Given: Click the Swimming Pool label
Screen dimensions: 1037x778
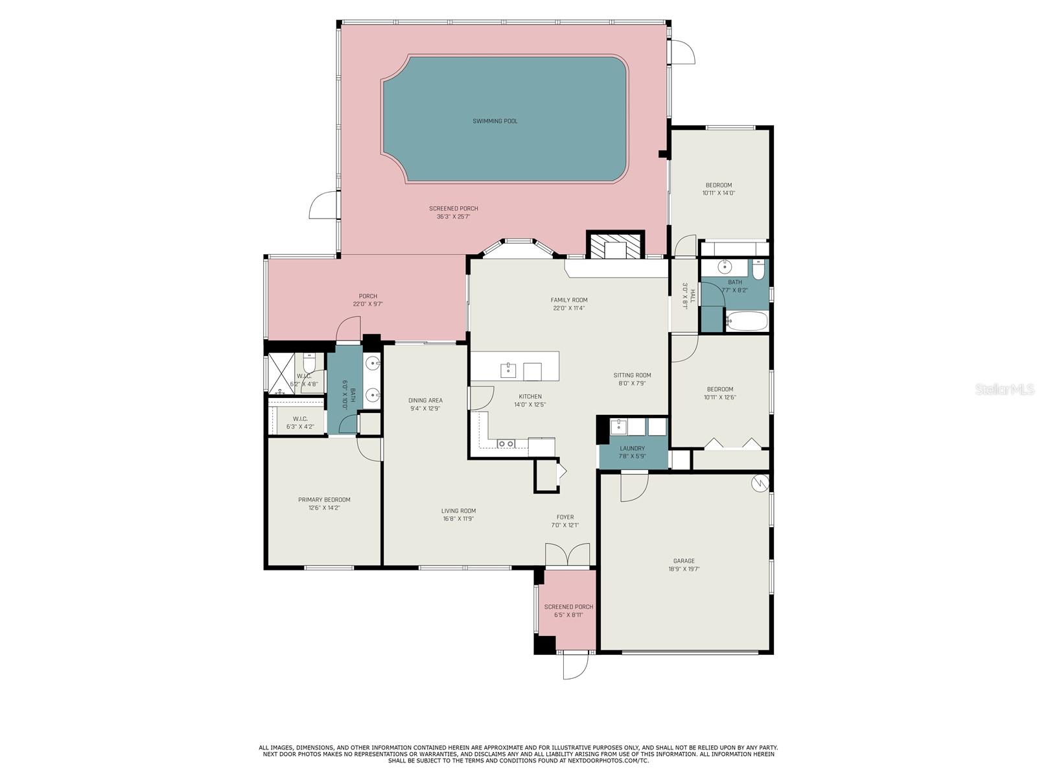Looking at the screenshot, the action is click(x=495, y=121).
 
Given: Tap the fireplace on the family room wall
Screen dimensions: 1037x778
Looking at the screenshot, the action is click(x=615, y=245).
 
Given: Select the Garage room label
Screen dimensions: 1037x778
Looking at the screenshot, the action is click(x=684, y=561).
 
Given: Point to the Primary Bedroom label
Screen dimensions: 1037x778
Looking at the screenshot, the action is click(x=324, y=499).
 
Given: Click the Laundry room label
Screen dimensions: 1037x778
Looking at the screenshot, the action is click(x=632, y=448).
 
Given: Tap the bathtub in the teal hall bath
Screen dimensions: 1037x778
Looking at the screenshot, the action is click(x=747, y=321).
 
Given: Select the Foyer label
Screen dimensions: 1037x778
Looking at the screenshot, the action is click(x=565, y=517).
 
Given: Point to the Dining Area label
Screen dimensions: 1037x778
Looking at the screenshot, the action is click(x=425, y=400).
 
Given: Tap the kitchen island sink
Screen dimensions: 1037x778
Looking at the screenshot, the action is click(x=508, y=370).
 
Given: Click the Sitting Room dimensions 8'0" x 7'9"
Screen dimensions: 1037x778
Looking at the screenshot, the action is click(x=632, y=383).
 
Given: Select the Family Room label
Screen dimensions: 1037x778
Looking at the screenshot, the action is click(x=569, y=300).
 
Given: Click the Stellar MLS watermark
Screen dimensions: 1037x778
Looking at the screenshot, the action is click(x=1005, y=389).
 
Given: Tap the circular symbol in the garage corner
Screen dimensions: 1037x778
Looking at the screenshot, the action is click(x=760, y=483).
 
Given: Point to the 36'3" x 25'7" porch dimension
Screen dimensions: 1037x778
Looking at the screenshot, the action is click(x=454, y=217).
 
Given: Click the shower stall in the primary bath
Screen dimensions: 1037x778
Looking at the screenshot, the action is click(x=281, y=373).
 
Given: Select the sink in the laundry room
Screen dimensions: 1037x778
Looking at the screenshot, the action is click(x=618, y=427).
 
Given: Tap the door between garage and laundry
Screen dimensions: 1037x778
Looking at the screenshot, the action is click(x=634, y=486).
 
